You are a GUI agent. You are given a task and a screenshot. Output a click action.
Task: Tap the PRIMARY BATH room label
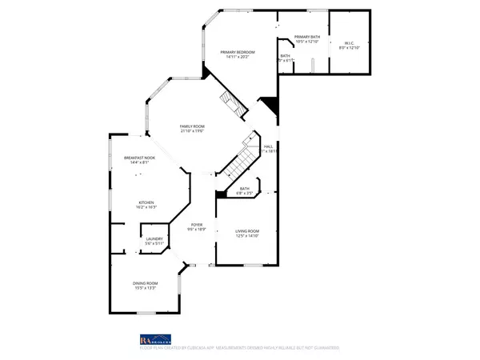point(307,37)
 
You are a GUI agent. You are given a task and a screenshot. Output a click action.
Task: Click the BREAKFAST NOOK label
point(139,158)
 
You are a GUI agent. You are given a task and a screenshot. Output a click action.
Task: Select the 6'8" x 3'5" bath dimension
point(244,194)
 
